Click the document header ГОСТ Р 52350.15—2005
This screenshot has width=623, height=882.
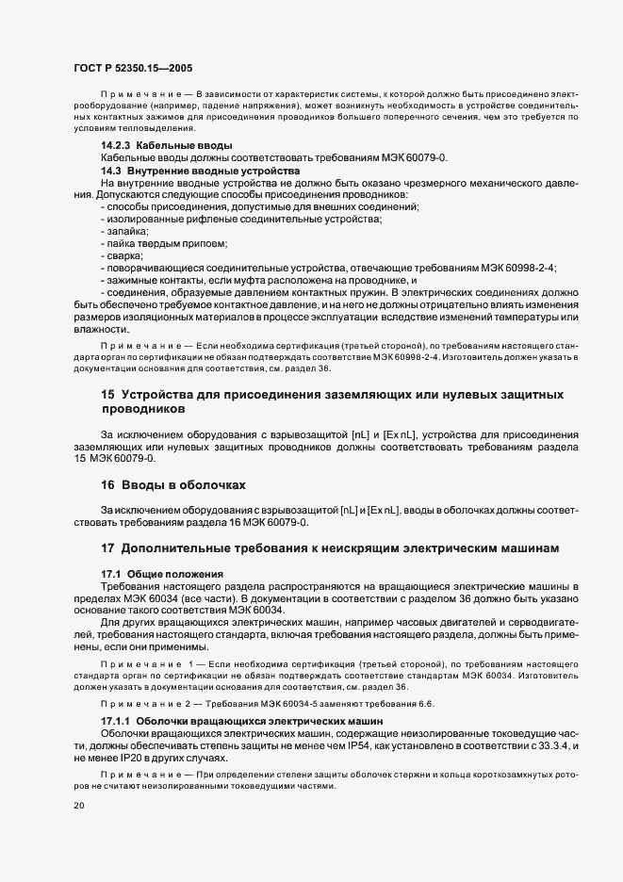click(134, 69)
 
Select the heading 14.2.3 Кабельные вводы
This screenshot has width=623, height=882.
click(165, 146)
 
